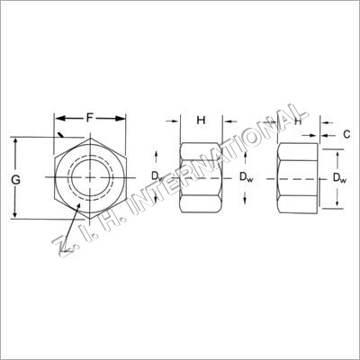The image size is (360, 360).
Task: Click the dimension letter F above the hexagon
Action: pos(89,118)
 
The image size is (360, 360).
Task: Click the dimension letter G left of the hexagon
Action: pos(15,180)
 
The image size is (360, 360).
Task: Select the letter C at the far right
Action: pos(346,134)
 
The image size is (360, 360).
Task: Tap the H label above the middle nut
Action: pos(201,121)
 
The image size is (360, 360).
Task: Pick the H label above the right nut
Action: pos(298,121)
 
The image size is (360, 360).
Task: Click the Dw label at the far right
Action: pos(340,178)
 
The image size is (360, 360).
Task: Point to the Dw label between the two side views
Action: pos(246,177)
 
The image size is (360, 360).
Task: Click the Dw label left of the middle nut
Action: pos(157,176)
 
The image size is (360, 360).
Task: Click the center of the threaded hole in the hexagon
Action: pos(90,177)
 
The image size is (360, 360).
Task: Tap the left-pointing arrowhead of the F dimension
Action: pos(60,119)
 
